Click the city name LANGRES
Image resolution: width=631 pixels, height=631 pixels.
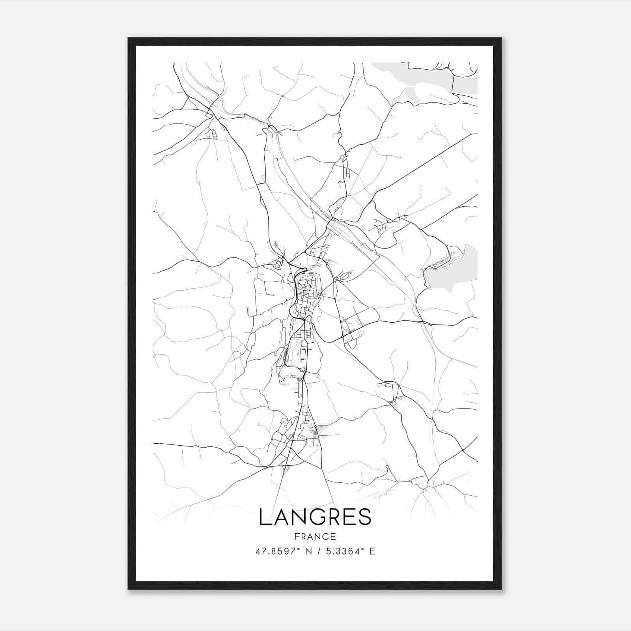(315, 517)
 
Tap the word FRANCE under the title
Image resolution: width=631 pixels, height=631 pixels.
(315, 537)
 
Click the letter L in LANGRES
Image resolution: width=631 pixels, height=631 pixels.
(265, 517)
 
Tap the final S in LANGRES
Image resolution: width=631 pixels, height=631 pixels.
(364, 517)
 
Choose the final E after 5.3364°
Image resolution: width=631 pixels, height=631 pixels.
(372, 551)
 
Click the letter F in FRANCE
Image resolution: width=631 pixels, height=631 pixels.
(297, 537)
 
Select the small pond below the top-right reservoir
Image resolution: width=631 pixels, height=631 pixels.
(412, 95)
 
